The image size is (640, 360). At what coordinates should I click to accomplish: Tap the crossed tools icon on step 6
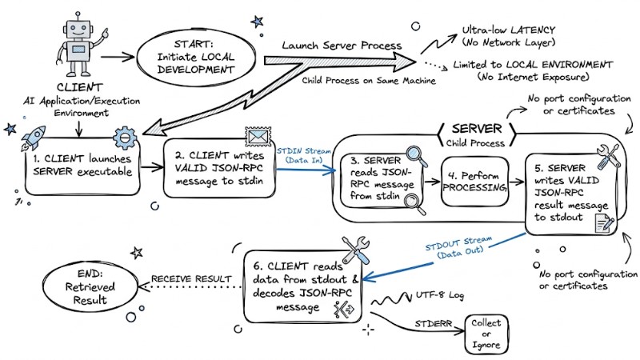click(x=353, y=250)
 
